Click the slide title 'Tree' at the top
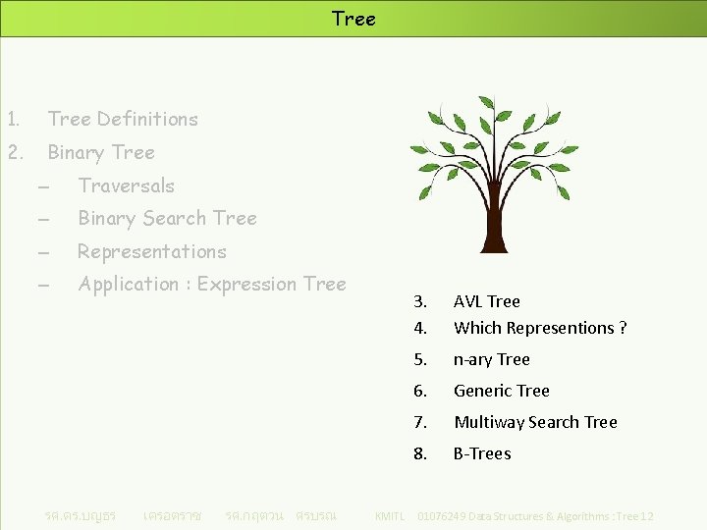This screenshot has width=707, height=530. point(353,19)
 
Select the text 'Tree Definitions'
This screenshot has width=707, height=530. point(123,120)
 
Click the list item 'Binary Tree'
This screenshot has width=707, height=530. point(101,153)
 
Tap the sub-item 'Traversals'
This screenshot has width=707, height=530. point(126,185)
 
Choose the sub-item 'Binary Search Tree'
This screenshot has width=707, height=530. point(167,219)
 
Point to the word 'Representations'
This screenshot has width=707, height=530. point(152,252)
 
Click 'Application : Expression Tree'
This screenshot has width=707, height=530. point(212,285)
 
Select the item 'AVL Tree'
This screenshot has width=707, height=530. point(486,302)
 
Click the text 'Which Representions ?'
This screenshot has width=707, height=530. point(540,329)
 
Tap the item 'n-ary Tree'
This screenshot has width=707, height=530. point(491,360)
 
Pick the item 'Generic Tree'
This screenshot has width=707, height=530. point(501,392)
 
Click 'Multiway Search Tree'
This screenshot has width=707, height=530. point(535,423)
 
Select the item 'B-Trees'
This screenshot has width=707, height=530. point(482,454)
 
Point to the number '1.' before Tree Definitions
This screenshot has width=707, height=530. point(13,120)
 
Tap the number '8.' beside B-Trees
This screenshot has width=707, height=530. point(420,454)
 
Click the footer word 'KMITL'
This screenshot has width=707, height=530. point(390,516)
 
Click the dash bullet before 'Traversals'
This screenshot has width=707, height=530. point(44,186)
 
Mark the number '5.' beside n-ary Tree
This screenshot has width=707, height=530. point(420,360)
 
